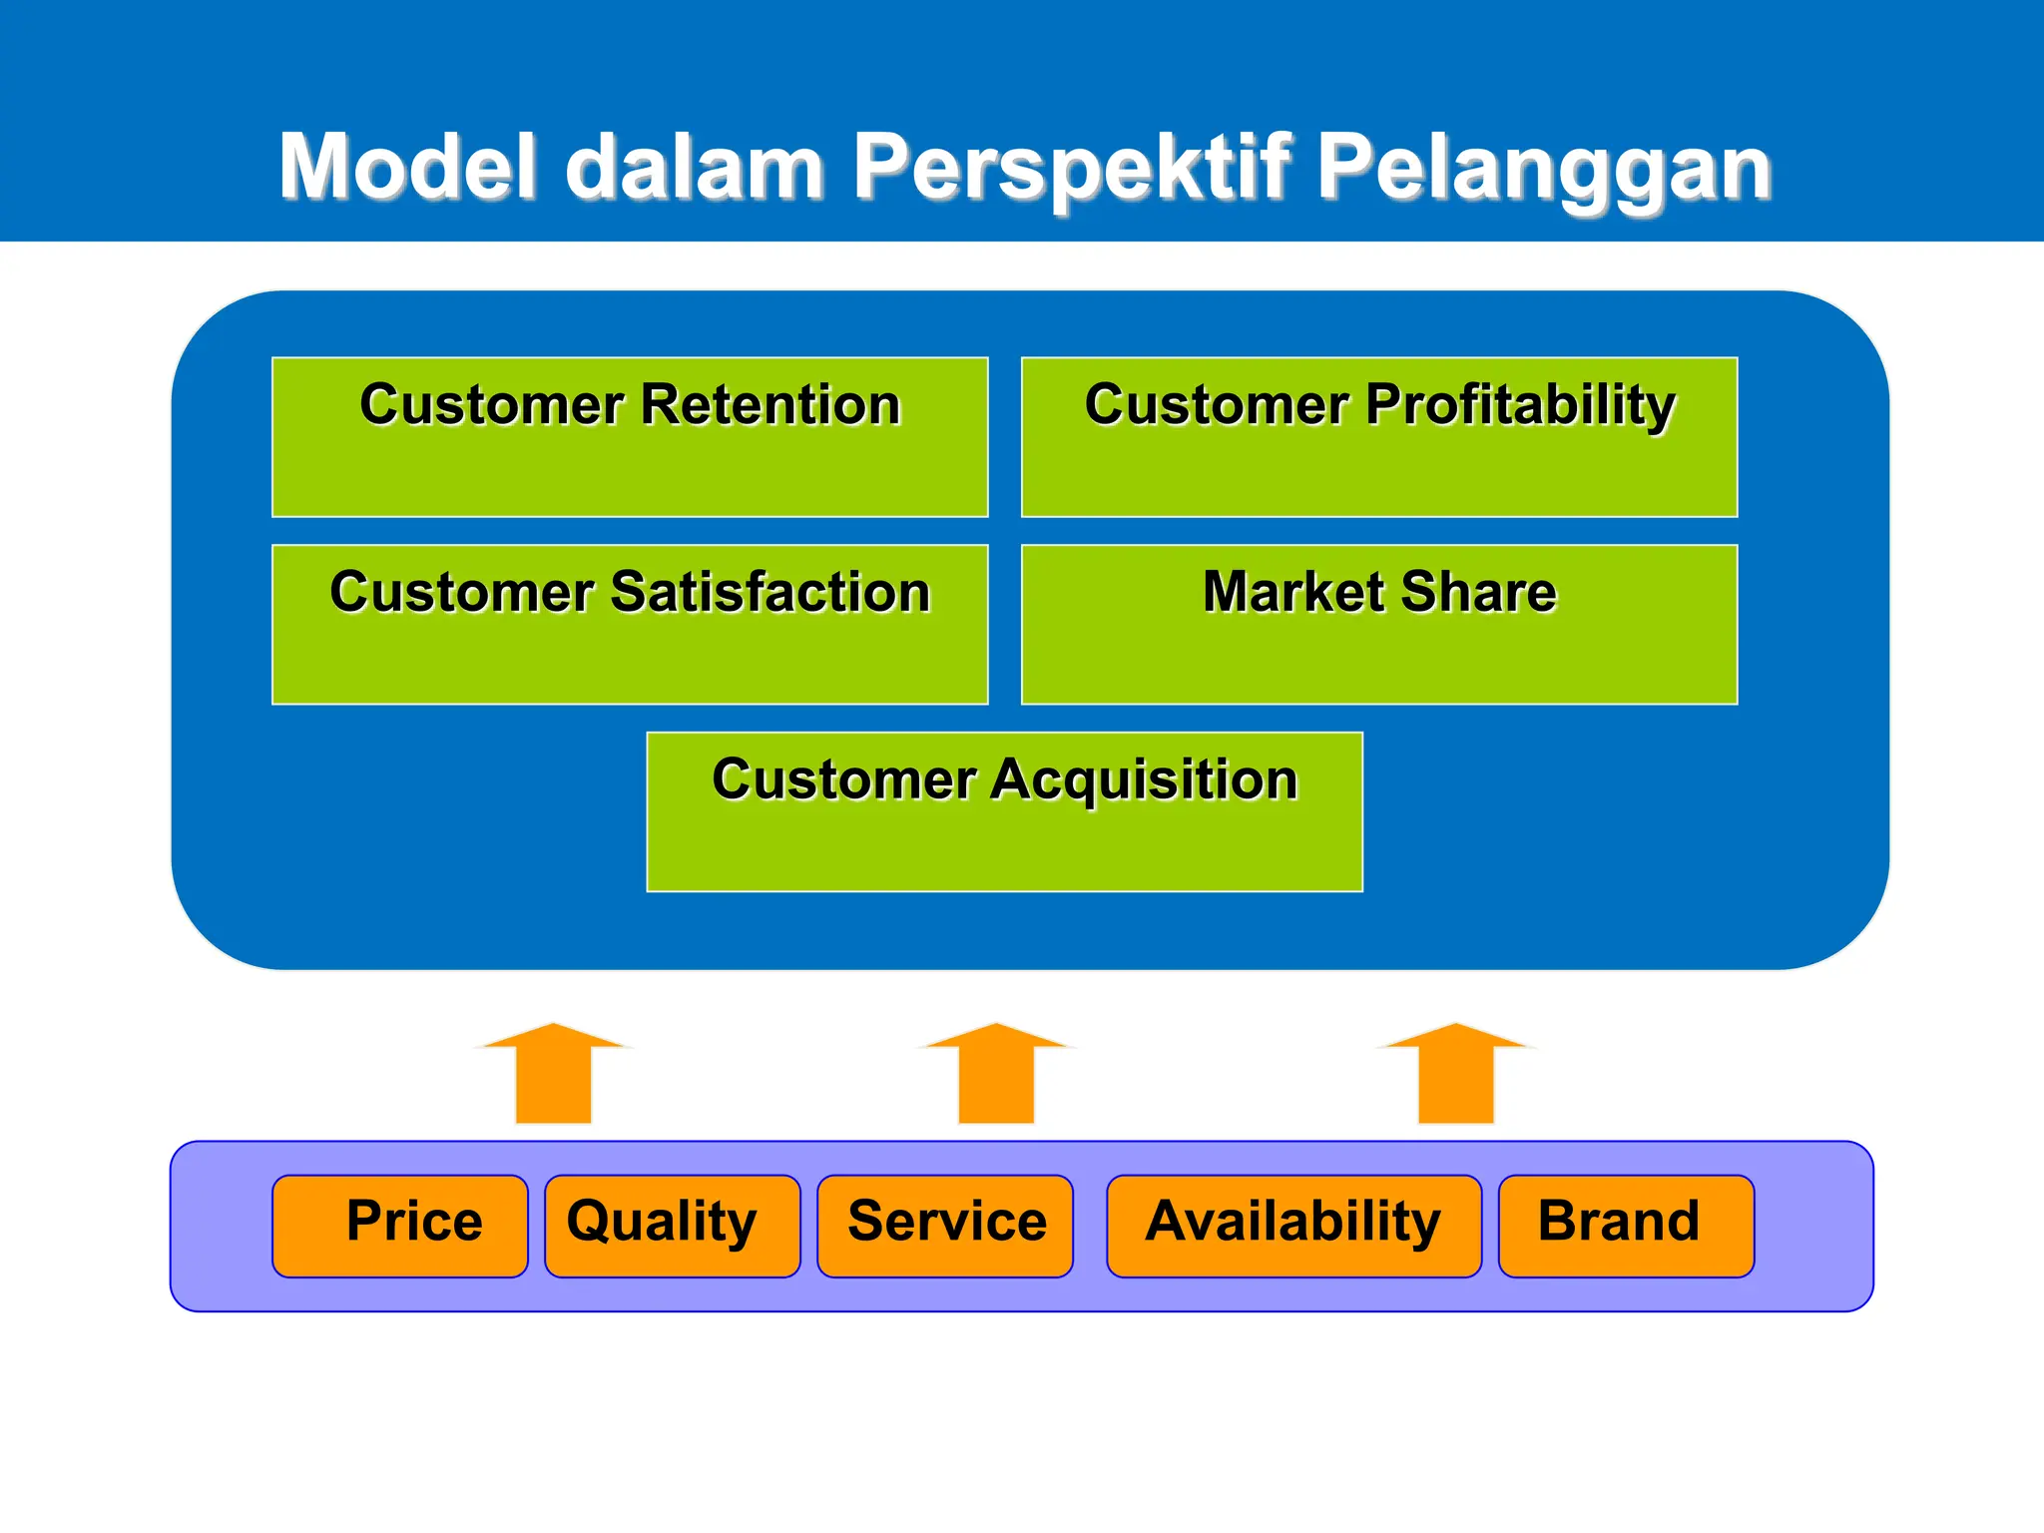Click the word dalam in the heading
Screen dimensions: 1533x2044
695,167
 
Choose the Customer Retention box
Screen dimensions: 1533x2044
630,437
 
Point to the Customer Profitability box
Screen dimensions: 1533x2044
1379,437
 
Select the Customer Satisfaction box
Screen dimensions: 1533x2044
630,625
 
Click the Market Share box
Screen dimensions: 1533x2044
1379,625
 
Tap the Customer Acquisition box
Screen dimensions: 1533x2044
1004,811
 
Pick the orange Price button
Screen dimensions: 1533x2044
400,1226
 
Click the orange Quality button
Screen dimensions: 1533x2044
672,1226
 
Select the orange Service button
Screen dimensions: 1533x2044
945,1226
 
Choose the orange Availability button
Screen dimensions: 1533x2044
1293,1226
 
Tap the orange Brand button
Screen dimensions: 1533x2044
1626,1226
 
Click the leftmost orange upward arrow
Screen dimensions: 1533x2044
553,1076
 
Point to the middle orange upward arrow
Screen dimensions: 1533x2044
996,1076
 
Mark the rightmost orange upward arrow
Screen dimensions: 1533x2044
1456,1076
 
